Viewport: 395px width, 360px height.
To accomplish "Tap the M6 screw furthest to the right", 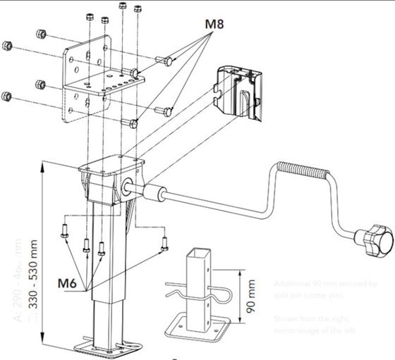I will pos(164,244).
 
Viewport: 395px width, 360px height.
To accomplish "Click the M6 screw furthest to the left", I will pos(64,229).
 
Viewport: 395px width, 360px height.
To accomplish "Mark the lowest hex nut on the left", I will pos(8,96).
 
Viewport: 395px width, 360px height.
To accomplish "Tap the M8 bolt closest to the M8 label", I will pos(168,62).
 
